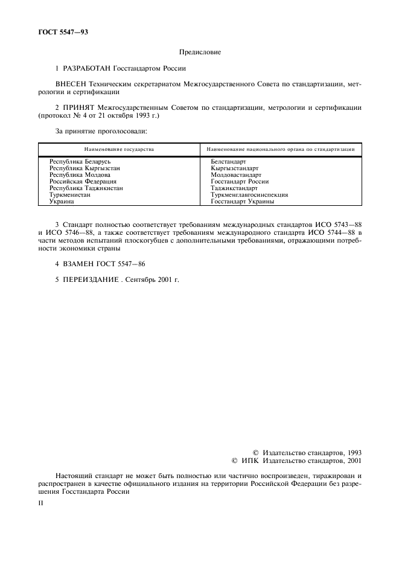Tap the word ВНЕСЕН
[70, 86]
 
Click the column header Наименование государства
[119, 148]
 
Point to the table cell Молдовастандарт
[236, 175]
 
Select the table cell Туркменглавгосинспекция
[249, 194]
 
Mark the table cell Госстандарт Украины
[242, 201]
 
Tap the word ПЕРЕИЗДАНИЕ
[91, 280]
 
